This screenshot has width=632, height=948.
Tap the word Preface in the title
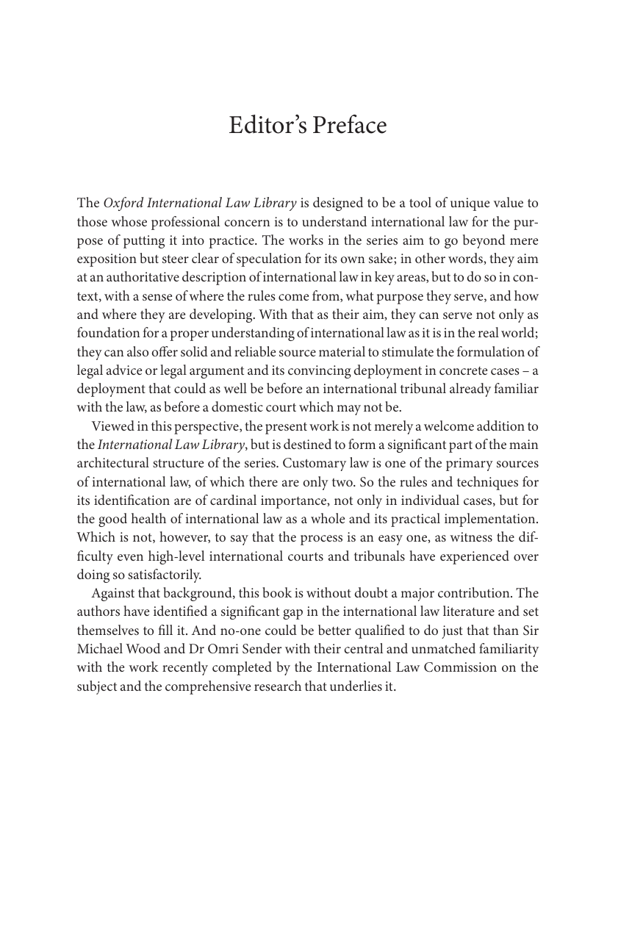[349, 126]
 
